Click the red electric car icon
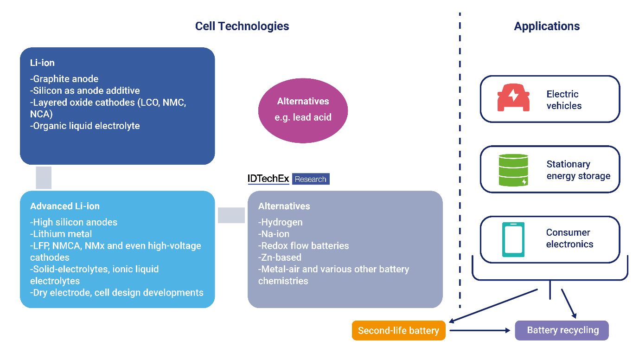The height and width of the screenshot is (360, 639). (513, 98)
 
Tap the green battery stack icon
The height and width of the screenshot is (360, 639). (513, 170)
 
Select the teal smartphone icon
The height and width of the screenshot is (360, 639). (513, 239)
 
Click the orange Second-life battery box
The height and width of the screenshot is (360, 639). (398, 331)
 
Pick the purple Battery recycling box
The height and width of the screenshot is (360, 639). (562, 331)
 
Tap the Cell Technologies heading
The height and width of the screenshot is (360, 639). (242, 26)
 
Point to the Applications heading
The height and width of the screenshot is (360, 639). (547, 26)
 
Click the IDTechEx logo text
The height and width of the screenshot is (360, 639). (269, 179)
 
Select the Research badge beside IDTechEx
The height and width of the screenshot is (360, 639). (311, 179)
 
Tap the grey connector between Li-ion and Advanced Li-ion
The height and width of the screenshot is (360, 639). (44, 178)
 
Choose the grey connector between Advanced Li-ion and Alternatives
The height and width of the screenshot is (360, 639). (231, 215)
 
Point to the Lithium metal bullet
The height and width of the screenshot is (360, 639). (61, 234)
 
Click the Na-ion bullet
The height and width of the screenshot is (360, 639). (276, 234)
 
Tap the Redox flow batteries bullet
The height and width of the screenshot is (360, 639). (304, 246)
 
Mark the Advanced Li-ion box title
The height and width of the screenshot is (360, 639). (65, 206)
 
